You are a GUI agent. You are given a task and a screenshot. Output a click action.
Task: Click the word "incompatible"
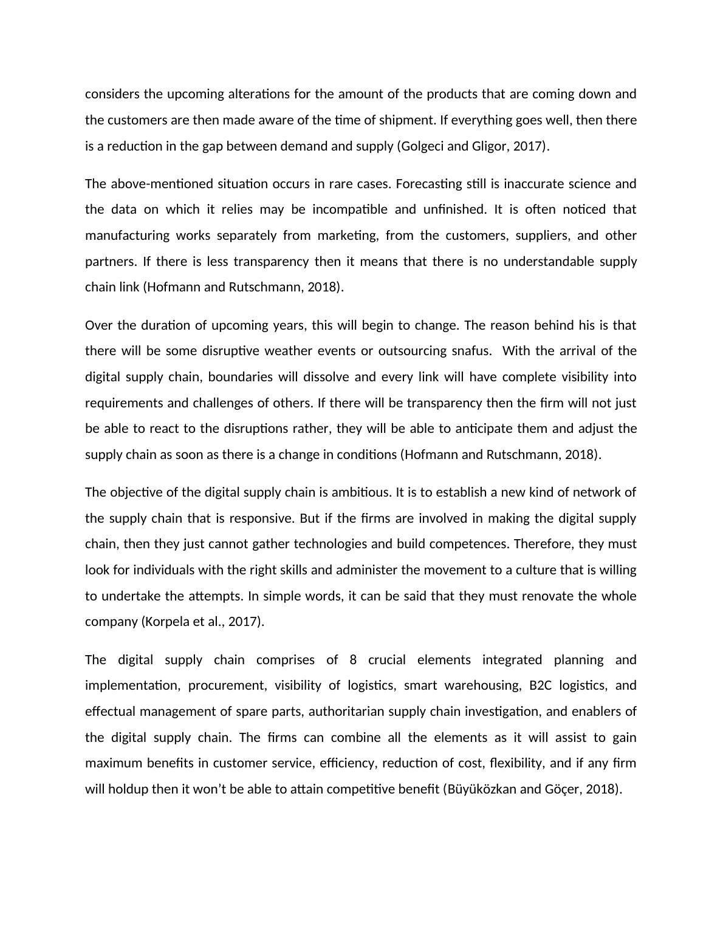coord(350,209)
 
